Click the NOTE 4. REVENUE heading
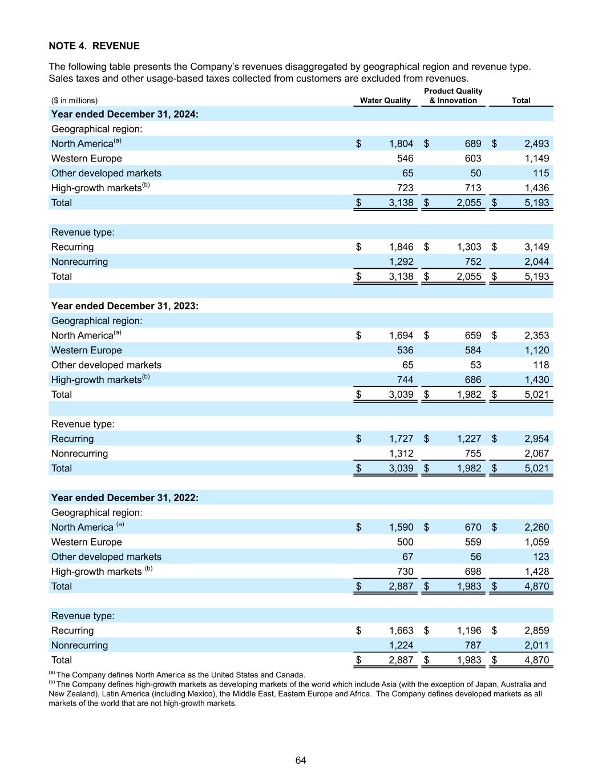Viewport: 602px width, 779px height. click(94, 46)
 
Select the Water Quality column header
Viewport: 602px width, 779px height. click(385, 100)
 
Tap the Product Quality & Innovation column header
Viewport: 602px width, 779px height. click(453, 96)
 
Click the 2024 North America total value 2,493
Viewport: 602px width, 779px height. click(536, 144)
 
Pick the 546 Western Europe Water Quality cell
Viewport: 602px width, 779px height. click(405, 159)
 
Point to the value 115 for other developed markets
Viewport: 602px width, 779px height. click(540, 173)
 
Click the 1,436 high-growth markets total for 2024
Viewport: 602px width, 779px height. click(536, 188)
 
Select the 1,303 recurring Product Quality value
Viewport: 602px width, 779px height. click(468, 247)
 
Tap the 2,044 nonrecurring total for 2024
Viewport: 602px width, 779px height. click(536, 262)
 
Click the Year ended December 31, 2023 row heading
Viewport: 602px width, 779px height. click(125, 306)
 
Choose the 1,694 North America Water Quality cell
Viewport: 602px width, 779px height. click(401, 336)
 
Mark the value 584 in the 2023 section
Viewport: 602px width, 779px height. click(472, 350)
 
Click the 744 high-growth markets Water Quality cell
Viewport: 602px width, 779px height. click(405, 380)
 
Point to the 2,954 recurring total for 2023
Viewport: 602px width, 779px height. click(536, 439)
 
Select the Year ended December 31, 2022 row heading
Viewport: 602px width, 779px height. click(125, 498)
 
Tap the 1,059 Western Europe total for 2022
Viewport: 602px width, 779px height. click(536, 542)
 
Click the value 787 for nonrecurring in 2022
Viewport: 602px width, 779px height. click(472, 645)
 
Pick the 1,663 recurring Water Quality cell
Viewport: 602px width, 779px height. click(401, 631)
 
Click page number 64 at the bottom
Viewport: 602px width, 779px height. click(301, 760)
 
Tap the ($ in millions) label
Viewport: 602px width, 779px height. click(74, 100)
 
